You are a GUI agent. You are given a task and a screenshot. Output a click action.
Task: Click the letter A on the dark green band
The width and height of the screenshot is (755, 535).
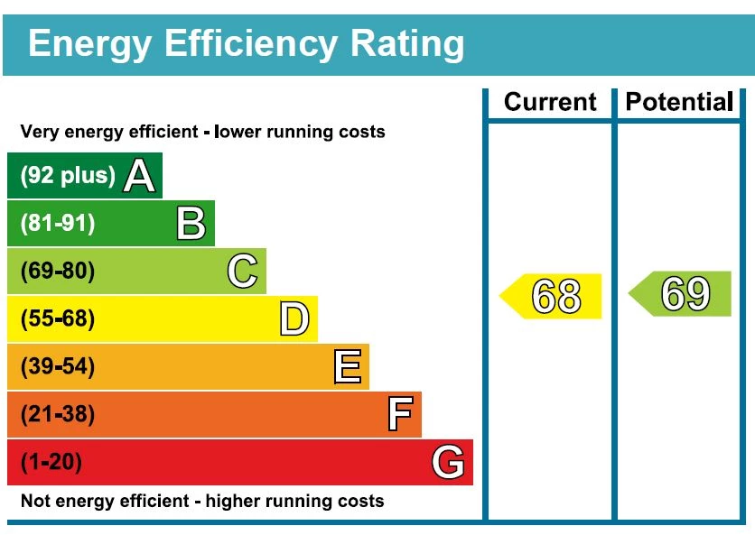tap(138, 175)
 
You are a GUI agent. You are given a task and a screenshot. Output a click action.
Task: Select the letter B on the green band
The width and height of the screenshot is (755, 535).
tap(191, 223)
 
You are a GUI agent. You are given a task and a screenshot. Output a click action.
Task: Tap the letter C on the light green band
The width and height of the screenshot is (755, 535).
tap(242, 271)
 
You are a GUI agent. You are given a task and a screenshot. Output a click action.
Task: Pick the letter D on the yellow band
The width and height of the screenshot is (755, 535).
tap(294, 319)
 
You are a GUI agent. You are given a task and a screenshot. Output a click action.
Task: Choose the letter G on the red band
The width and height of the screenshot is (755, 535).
tap(449, 463)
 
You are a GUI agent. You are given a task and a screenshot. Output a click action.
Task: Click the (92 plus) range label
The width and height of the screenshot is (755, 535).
tap(68, 175)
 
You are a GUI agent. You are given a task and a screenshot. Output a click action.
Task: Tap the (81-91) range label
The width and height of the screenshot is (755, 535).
tap(57, 223)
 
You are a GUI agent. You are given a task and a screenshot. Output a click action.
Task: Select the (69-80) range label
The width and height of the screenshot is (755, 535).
tap(57, 271)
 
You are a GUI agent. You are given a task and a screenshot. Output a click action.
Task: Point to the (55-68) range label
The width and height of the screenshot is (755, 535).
tap(57, 319)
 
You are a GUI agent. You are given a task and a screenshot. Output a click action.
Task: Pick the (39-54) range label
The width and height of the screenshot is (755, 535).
tap(57, 367)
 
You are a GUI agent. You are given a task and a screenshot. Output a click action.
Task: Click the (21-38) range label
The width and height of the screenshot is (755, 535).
tap(57, 415)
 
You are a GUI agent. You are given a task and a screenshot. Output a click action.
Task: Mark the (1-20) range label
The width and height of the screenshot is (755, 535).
tap(51, 463)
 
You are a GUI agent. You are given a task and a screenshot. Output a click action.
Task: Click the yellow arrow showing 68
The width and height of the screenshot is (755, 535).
tap(553, 296)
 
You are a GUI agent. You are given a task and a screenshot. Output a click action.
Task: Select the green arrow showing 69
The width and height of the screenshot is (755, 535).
tap(682, 294)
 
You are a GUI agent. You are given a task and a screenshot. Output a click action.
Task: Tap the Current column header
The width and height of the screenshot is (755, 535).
tap(550, 102)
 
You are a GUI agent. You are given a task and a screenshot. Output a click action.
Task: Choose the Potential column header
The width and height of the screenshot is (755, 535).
tap(679, 102)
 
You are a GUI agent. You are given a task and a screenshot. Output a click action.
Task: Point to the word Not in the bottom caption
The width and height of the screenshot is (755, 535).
tap(36, 501)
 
